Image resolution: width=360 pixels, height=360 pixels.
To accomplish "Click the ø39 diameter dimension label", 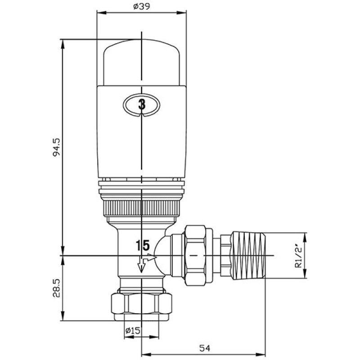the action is [x=141, y=6].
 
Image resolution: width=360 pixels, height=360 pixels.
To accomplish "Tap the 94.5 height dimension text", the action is [x=56, y=147].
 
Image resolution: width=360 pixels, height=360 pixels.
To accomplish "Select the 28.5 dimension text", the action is [x=56, y=288].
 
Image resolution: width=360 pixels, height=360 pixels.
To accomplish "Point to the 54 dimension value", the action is [x=205, y=348].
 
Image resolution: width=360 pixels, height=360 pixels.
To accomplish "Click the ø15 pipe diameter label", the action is [x=133, y=331].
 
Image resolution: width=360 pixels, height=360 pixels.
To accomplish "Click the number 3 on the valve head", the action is [x=142, y=105].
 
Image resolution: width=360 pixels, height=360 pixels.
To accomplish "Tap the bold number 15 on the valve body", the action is [x=143, y=245].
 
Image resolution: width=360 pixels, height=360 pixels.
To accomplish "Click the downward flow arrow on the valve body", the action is [x=141, y=266].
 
